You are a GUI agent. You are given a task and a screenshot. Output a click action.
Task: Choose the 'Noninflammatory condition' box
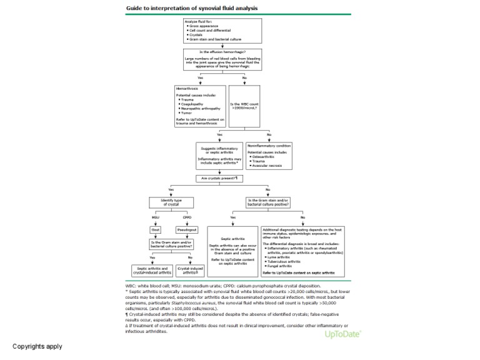pyautogui.click(x=269, y=156)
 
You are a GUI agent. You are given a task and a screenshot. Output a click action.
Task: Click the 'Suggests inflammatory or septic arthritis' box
pyautogui.click(x=219, y=156)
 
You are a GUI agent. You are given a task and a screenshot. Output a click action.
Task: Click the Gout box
pyautogui.click(x=156, y=229)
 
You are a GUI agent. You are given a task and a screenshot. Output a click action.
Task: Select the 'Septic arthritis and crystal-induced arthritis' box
pyautogui.click(x=152, y=269)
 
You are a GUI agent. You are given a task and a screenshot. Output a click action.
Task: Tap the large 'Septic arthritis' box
pyautogui.click(x=232, y=251)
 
